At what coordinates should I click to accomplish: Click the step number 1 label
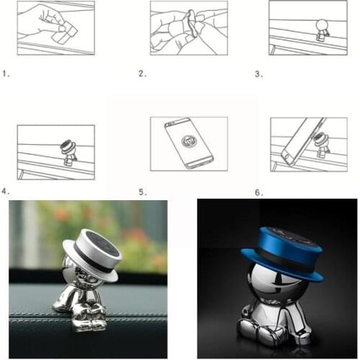pos(6,73)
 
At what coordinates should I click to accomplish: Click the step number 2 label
pos(142,73)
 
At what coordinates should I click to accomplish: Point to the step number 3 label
pos(258,73)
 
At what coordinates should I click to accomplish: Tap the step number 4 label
pos(6,192)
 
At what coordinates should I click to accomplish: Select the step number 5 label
pos(142,192)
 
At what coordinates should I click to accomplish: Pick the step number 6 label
pos(258,192)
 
